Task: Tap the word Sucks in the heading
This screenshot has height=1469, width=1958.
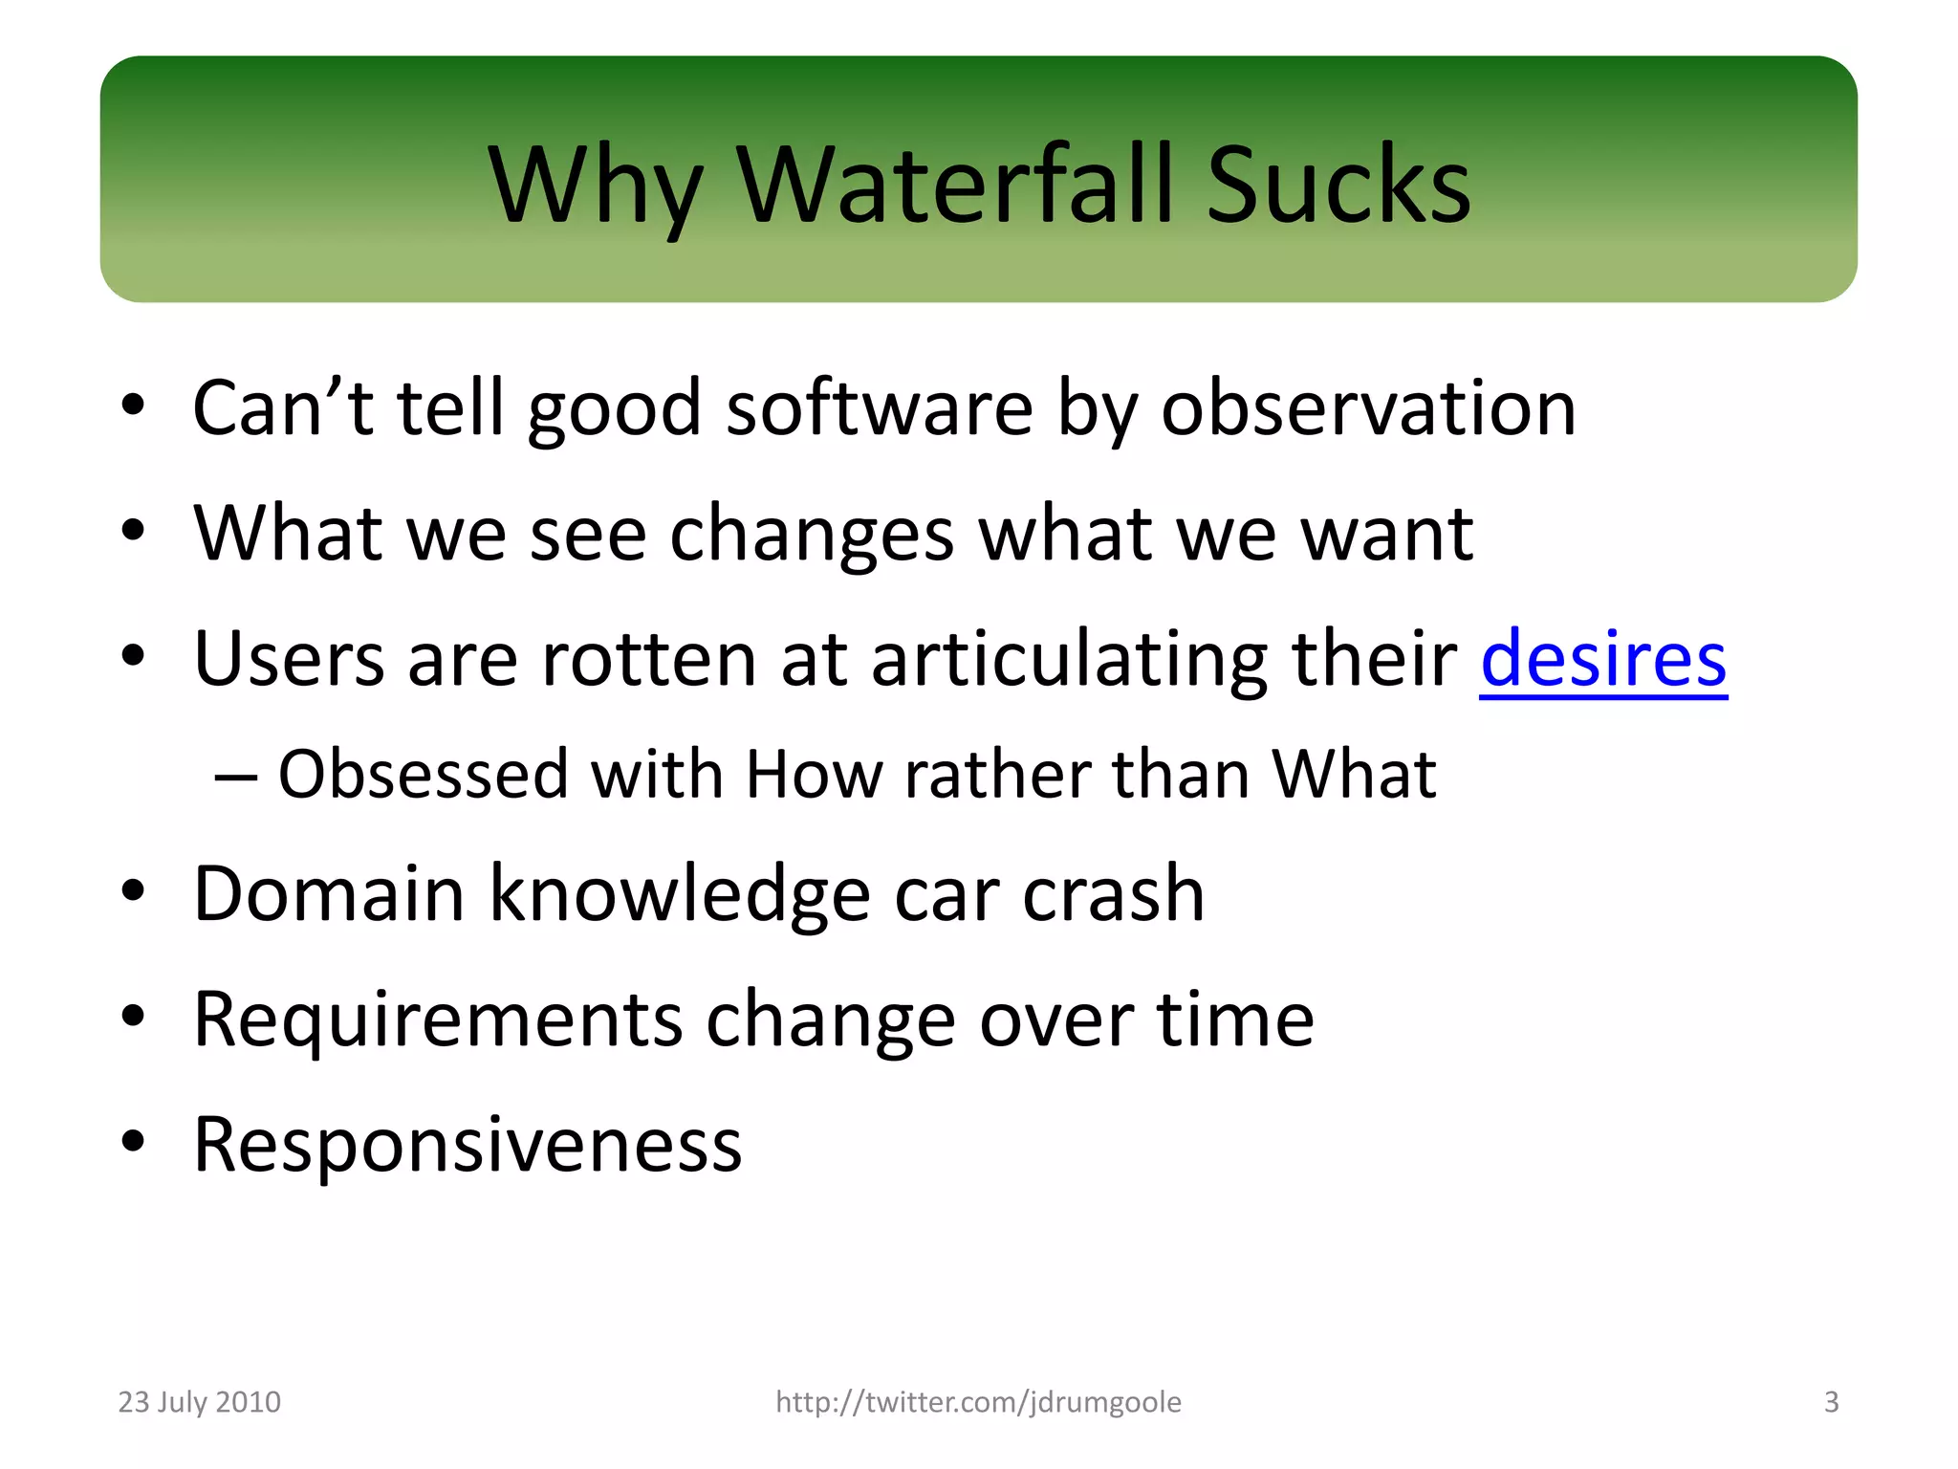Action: pos(1338,184)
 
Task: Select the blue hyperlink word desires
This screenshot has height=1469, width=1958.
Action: pos(1603,659)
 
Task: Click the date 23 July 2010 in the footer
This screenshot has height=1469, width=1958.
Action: pos(199,1402)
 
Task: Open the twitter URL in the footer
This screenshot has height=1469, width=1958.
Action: pos(978,1402)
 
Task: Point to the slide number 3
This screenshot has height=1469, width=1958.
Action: pos(1831,1402)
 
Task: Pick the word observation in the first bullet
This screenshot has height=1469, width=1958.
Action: pos(1368,408)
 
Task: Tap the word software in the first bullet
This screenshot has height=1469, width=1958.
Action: pos(880,408)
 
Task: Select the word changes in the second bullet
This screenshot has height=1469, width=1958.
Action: pos(812,534)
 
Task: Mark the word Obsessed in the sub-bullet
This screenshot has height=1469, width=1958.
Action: pos(423,774)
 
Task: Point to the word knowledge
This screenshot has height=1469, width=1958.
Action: pos(680,893)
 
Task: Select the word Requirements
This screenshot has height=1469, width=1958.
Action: pos(438,1020)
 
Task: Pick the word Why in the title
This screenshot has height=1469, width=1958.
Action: pos(595,184)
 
